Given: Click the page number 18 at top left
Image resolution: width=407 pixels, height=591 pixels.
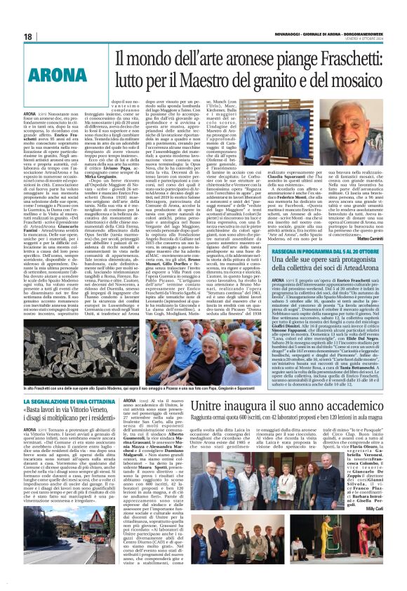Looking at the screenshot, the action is coord(29,36).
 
